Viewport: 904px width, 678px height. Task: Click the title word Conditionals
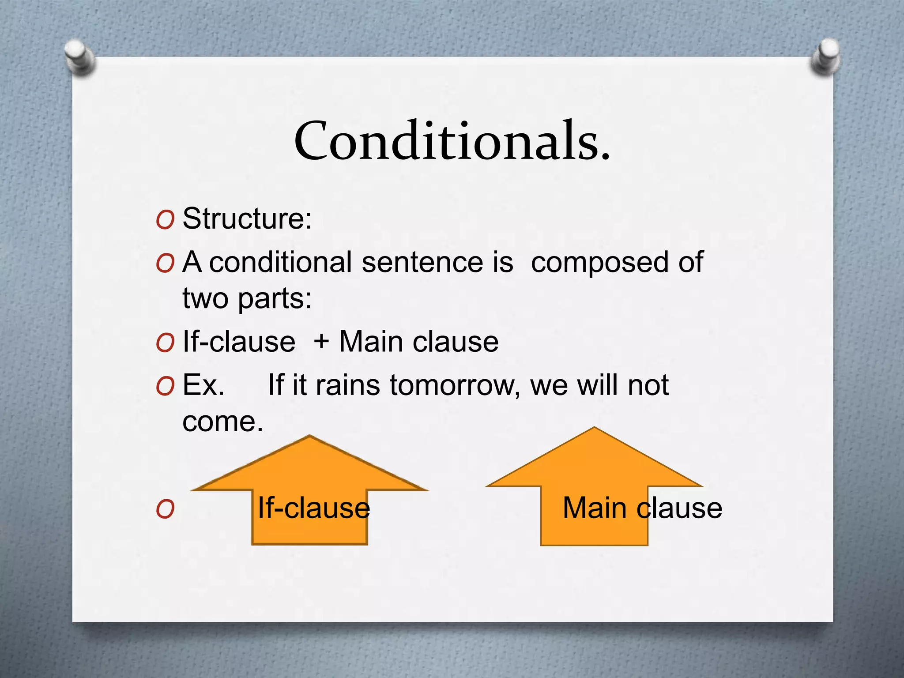click(452, 141)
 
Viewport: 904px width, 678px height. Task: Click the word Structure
click(246, 218)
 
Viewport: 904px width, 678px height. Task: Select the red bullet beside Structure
click(165, 220)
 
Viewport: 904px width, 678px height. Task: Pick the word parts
click(275, 299)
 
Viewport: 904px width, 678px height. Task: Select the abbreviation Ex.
click(203, 385)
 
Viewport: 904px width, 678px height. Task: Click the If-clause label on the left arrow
click(313, 508)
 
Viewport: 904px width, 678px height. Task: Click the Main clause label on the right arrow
click(642, 508)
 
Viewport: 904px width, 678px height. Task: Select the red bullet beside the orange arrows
click(165, 509)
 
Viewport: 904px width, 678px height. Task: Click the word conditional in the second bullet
click(281, 262)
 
